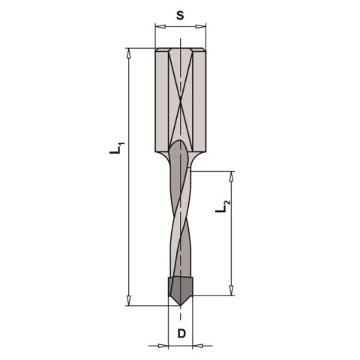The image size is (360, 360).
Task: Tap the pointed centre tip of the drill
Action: [x=180, y=304]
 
